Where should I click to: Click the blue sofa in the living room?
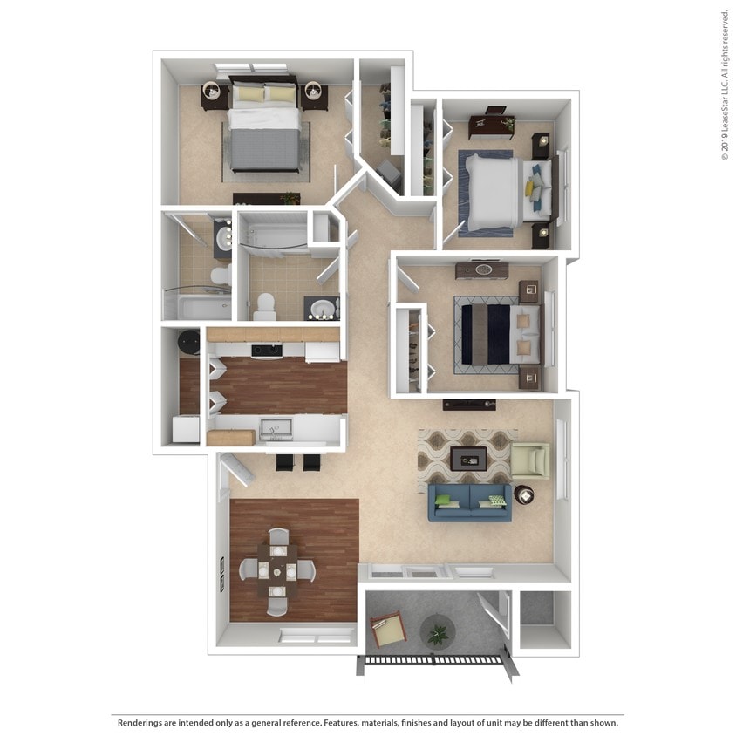[469, 502]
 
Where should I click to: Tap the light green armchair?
[530, 460]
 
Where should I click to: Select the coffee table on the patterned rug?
[468, 458]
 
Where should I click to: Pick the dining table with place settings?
[276, 570]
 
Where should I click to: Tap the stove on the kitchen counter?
[267, 351]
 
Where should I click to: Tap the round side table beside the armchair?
[524, 495]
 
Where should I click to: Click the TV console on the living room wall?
[468, 404]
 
